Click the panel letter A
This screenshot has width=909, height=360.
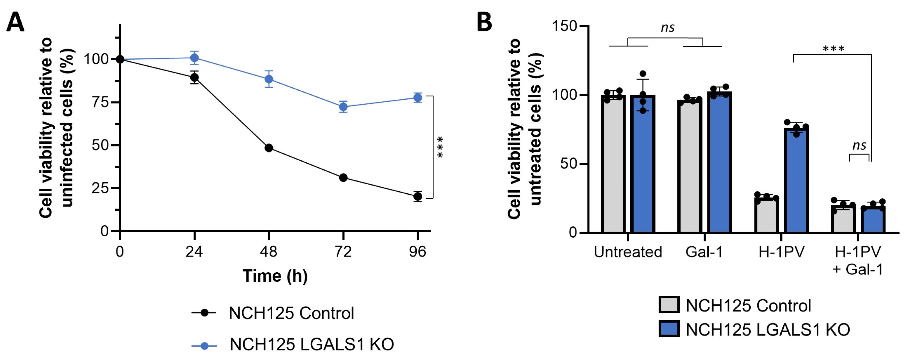(x=16, y=22)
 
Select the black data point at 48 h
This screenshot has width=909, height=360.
(x=269, y=148)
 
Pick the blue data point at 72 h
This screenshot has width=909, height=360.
(x=343, y=106)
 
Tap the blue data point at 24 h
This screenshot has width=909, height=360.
(x=194, y=58)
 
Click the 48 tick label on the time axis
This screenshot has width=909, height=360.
(x=269, y=252)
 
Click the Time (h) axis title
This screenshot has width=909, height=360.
(x=275, y=276)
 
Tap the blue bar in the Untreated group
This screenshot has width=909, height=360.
(x=643, y=164)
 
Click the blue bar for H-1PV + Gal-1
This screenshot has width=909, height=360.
(x=873, y=220)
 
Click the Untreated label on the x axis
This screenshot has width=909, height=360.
(x=628, y=252)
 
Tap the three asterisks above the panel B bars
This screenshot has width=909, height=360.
(x=833, y=49)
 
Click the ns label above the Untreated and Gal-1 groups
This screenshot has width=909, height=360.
(x=668, y=27)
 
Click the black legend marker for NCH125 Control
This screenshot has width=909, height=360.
(x=204, y=313)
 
